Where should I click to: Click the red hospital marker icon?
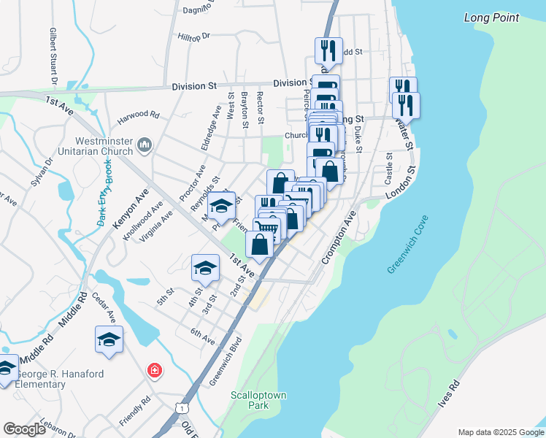[x=154, y=371]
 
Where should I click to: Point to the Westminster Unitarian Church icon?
[x=144, y=147]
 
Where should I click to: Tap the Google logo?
[x=24, y=429]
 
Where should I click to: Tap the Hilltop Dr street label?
[x=193, y=35]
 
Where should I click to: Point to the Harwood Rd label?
[x=138, y=115]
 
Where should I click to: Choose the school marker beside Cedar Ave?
[x=109, y=339]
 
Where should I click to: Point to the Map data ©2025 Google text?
[x=500, y=431]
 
